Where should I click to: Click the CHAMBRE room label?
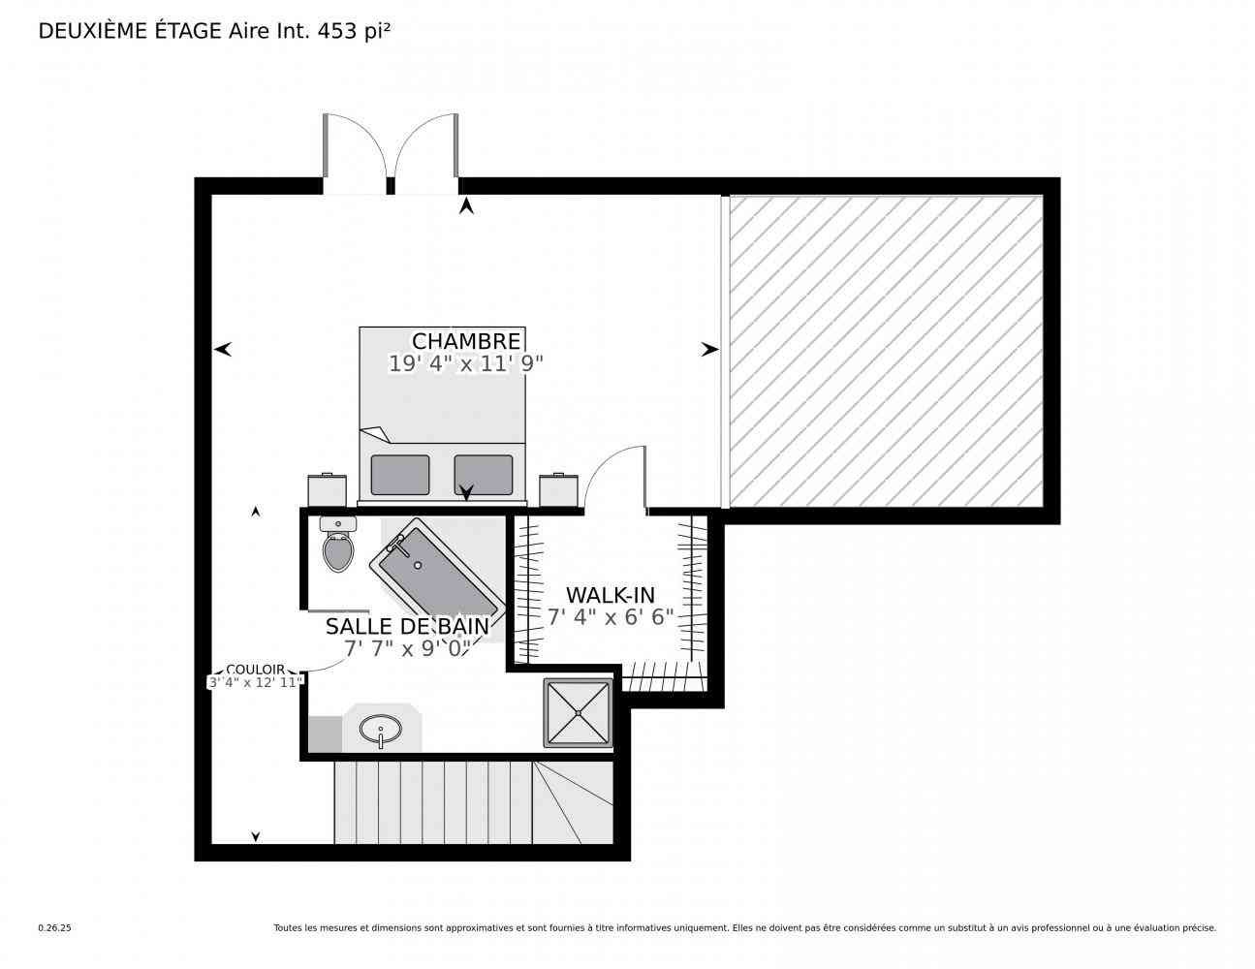coord(465,341)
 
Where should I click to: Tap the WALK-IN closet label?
coord(611,595)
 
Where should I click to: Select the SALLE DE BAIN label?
coord(407,627)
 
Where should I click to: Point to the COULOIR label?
coord(255,670)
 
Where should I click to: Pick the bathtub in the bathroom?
coord(437,570)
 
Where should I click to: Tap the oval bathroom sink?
coord(380,730)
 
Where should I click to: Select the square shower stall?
coord(578,713)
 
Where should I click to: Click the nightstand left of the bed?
coord(327,489)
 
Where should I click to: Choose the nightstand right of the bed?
coord(558,489)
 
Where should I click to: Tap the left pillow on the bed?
coord(400,475)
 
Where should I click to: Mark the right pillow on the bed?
coord(484,475)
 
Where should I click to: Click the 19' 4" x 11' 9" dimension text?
coord(465,363)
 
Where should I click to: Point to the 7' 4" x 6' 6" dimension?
coord(611,617)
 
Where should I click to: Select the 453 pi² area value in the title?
coord(354,31)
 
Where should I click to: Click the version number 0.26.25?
coord(55,928)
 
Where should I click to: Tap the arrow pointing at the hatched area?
coord(709,350)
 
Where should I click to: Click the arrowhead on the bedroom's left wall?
coord(223,350)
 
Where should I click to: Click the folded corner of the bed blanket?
coord(375,434)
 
